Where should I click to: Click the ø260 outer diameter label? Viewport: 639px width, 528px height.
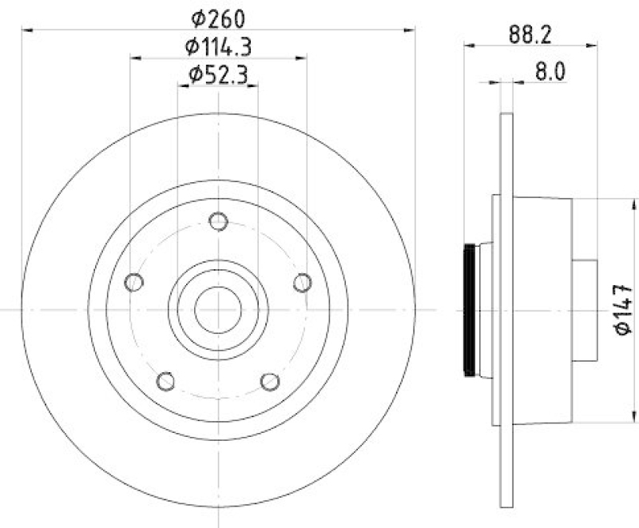coord(218,17)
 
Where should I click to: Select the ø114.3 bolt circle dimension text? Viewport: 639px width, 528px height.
coord(218,46)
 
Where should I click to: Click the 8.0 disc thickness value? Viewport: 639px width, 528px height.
coord(550,72)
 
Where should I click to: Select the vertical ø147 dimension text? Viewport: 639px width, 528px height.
coord(624,308)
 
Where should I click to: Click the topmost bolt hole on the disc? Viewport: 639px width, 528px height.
coord(217,220)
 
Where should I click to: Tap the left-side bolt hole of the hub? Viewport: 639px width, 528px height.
coord(134,282)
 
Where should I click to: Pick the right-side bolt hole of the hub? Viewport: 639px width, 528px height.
coord(302,282)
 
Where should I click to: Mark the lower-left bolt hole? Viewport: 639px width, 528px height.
coord(165,381)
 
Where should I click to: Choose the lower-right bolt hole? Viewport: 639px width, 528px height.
coord(270,381)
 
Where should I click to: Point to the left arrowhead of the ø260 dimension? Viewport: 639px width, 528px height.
coord(26,30)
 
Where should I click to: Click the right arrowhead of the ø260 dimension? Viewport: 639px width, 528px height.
coord(411,30)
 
